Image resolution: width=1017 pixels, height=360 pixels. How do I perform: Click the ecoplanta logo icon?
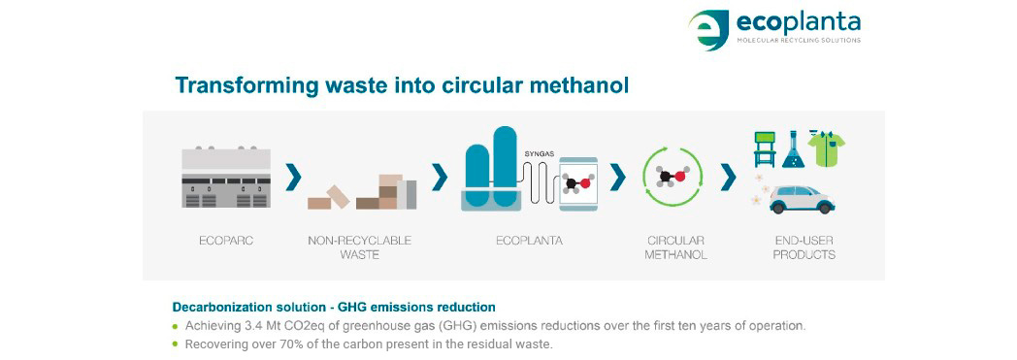708,30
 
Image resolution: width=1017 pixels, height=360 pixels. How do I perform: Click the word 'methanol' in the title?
576,85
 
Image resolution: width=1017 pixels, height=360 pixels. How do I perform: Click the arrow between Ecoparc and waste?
292,178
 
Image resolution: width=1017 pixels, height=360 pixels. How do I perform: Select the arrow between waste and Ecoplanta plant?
440,178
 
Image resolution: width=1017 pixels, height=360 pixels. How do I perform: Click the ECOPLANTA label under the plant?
526,241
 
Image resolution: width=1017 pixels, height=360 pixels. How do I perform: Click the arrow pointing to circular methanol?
616,178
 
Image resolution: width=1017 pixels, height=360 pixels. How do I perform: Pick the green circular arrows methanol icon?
672,178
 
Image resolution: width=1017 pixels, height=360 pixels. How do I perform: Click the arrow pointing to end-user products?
728,178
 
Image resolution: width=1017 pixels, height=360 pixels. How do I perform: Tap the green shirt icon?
827,148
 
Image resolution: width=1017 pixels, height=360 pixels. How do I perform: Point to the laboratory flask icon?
794,149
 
